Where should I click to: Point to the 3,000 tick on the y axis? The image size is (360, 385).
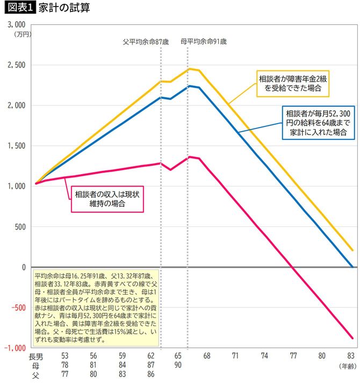16,25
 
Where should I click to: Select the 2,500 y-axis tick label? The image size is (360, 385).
16,65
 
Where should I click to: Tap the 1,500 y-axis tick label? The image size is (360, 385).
16,146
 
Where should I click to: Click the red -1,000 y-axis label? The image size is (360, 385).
15,348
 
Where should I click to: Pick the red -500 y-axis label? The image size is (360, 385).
17,308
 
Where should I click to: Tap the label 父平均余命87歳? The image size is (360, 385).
143,41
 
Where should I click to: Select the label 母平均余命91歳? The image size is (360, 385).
203,41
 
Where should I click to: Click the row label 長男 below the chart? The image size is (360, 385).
35,356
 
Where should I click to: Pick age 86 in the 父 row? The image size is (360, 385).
152,374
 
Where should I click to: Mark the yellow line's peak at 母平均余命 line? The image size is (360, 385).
188,69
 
